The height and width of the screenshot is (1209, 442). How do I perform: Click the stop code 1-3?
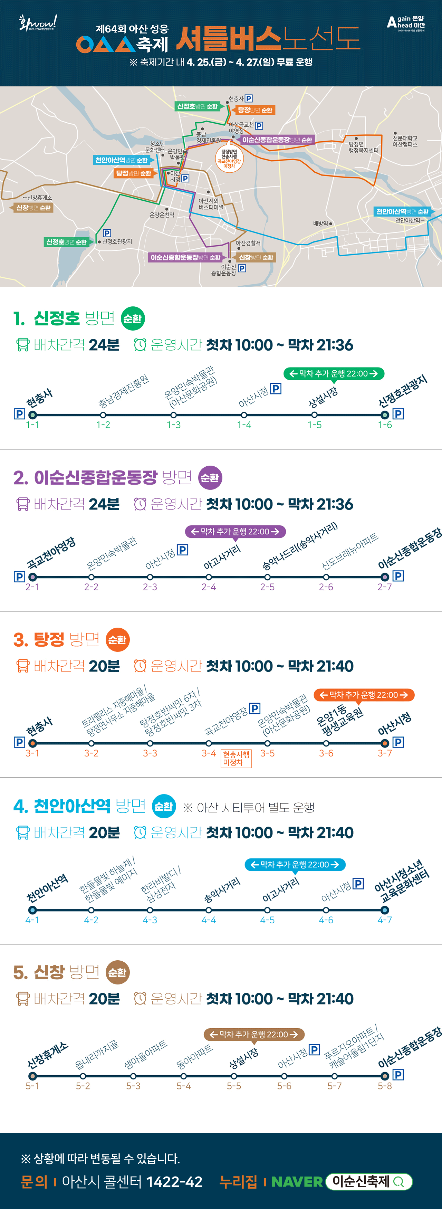point(174,425)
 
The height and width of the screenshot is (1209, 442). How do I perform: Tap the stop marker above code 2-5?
point(268,577)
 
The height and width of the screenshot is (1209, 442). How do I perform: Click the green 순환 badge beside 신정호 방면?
point(133,319)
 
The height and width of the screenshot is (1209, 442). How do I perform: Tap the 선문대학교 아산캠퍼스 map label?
point(405,141)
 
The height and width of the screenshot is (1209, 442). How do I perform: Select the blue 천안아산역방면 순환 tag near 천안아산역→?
point(402,212)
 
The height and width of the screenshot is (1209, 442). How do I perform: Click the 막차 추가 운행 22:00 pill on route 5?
point(254,1035)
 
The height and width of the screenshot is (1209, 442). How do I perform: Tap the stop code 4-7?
point(385,920)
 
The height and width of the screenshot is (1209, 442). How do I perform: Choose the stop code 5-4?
point(183,1086)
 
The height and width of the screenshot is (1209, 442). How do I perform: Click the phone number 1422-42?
point(174,1181)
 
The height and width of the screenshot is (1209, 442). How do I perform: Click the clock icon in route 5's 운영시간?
point(140,999)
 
